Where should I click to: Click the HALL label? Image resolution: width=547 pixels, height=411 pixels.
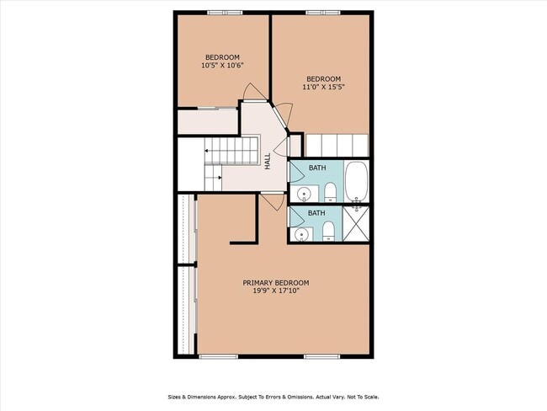268,161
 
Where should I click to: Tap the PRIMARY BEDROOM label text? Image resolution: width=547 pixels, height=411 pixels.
276,283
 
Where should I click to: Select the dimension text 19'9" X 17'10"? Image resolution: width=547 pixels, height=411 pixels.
276,291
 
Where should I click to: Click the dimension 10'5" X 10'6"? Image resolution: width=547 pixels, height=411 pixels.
222,66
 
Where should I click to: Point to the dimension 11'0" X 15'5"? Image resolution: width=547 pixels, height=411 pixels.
323,87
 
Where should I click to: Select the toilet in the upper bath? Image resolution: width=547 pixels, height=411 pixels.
331,190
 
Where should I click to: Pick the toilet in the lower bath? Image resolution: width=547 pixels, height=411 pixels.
330,232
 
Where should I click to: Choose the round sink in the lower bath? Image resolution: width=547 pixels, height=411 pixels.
300,233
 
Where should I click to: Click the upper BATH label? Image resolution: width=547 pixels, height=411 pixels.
316,168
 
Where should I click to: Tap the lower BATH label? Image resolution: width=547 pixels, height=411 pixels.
316,213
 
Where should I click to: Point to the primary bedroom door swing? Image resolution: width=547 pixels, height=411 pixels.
272,201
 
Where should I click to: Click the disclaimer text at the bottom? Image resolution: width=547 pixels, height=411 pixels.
273,396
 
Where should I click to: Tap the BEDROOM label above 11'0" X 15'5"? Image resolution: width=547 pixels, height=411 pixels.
323,78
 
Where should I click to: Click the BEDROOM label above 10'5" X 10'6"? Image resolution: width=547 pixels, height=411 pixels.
222,56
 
